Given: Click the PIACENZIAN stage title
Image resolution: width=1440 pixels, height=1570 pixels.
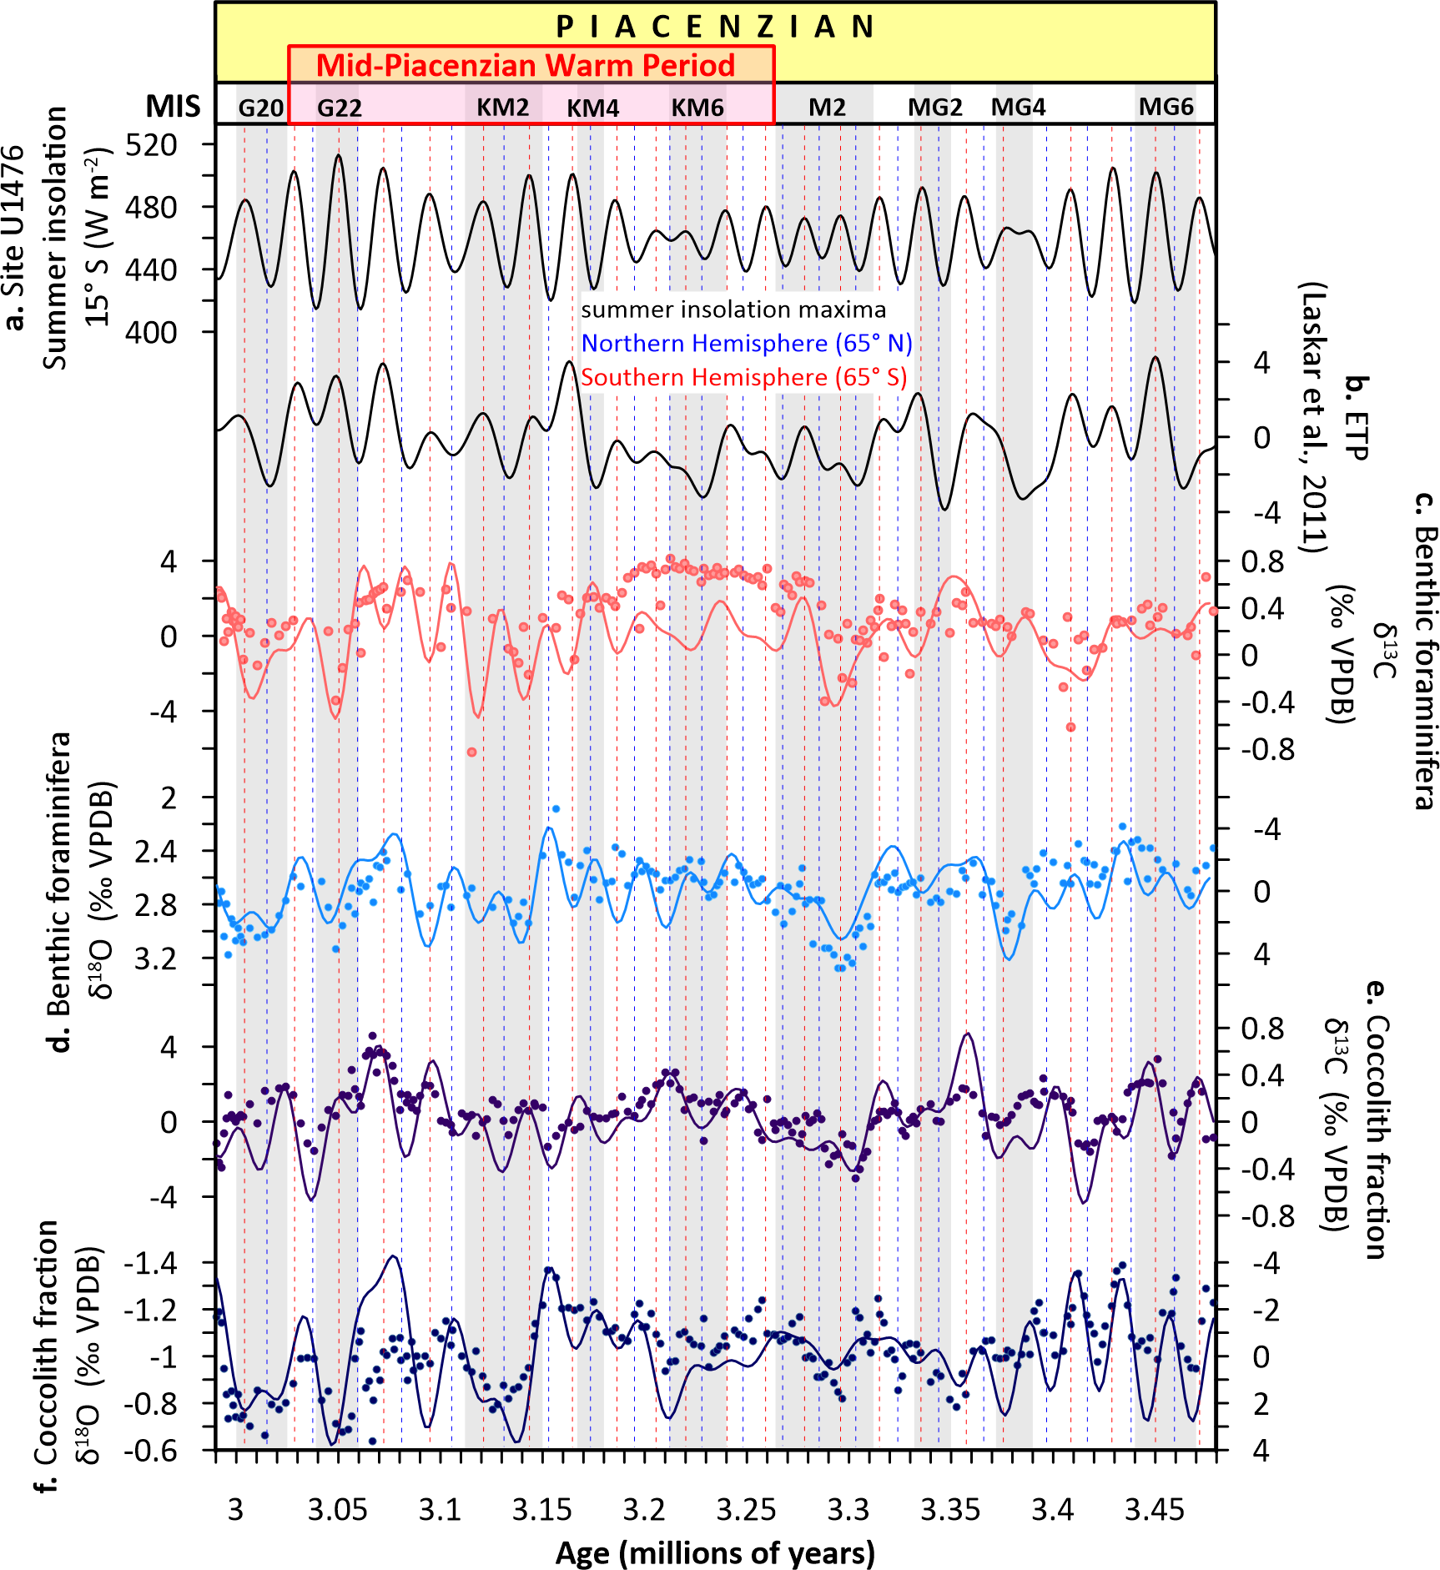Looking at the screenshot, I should tap(715, 27).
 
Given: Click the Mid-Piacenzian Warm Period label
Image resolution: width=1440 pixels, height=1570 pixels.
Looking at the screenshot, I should tap(526, 65).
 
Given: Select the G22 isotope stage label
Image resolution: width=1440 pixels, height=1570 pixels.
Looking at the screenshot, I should tap(340, 108).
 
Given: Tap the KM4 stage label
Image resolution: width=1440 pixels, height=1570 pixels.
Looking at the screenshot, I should tap(593, 108).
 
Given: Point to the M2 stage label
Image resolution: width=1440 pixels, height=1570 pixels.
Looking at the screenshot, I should tap(828, 108).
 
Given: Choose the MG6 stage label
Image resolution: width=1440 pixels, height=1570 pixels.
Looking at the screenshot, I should tap(1166, 107).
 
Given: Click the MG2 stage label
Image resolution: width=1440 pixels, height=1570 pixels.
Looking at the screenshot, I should tap(935, 108).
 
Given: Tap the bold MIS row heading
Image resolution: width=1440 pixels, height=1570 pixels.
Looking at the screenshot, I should tap(173, 107).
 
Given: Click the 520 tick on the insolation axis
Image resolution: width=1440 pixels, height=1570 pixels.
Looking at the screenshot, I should tap(151, 145).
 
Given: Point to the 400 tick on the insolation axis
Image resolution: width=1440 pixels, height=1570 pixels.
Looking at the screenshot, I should tap(151, 332).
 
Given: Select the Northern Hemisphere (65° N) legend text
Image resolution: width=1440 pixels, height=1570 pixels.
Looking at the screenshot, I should tap(747, 344).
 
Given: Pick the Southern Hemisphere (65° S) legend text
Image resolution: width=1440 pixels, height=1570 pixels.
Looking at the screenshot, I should tap(743, 377).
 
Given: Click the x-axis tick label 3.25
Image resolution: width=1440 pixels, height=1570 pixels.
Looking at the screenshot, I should tap(746, 1510).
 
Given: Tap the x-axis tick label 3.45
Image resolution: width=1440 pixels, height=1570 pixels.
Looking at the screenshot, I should tap(1155, 1510).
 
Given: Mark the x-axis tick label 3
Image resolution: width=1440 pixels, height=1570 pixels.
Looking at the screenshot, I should tap(235, 1510).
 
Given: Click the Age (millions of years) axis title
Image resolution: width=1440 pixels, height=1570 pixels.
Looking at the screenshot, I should tap(715, 1552).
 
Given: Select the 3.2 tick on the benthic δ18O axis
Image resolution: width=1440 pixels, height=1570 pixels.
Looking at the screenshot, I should tap(156, 959).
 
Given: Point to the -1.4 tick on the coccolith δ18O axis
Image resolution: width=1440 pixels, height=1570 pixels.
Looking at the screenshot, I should tap(150, 1263).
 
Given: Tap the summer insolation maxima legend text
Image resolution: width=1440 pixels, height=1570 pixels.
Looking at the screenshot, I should tap(733, 309).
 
